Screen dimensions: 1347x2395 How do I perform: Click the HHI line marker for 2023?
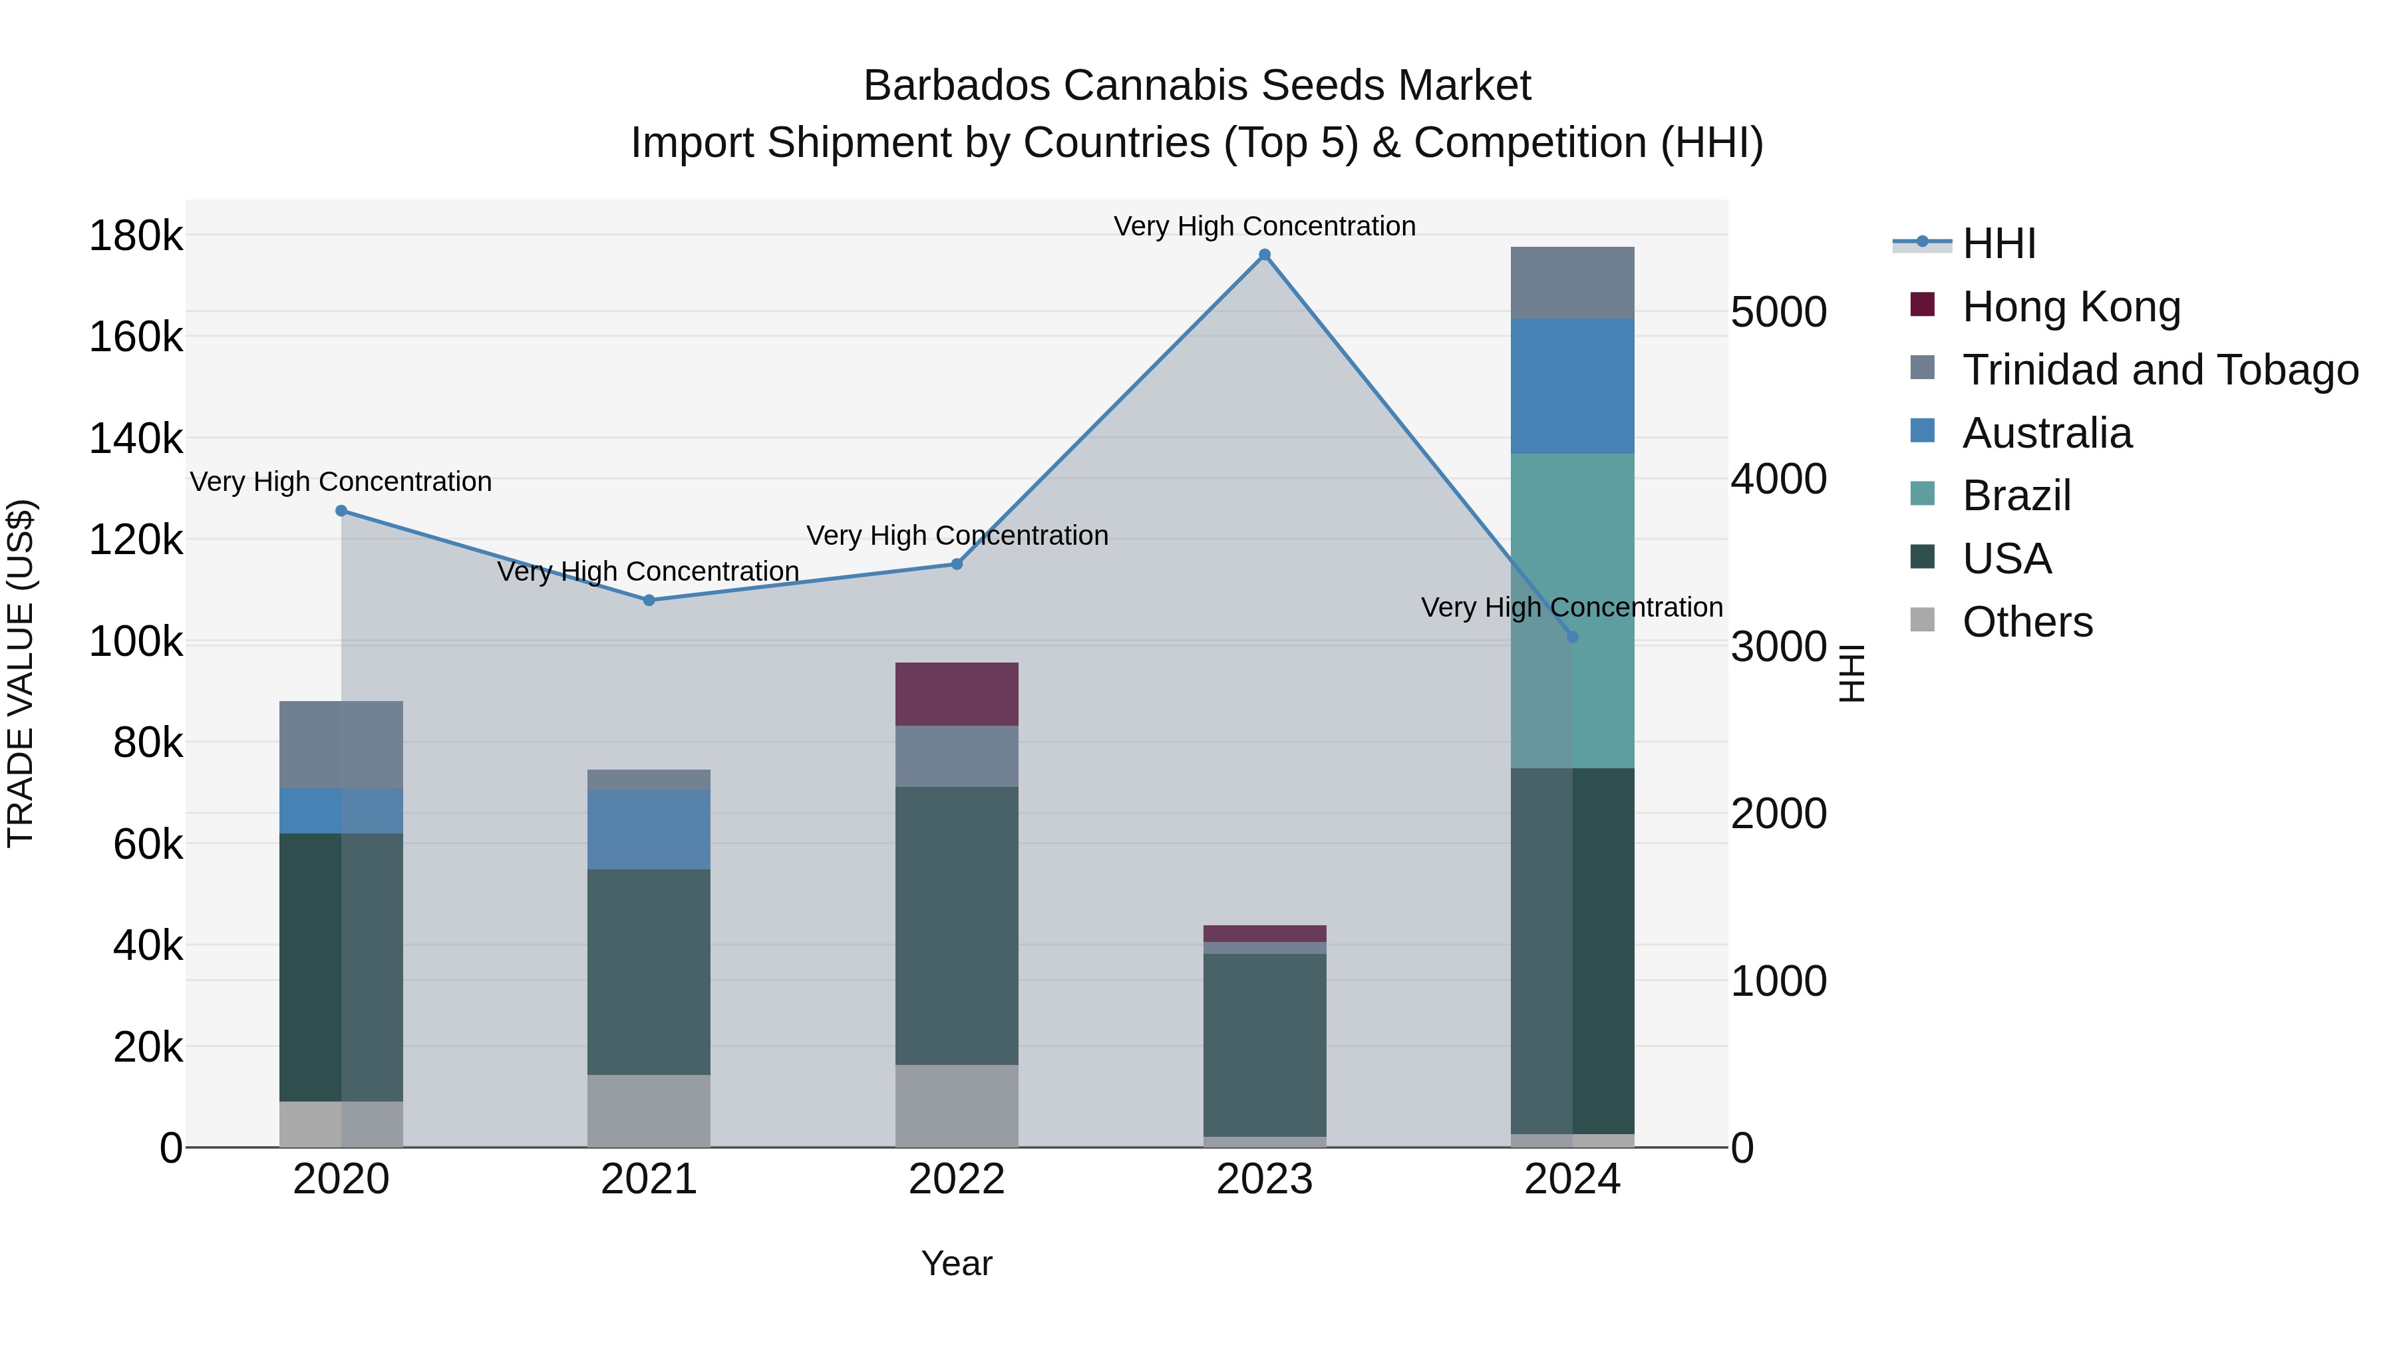click(x=1265, y=255)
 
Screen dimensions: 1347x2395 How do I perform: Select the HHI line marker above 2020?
click(x=341, y=510)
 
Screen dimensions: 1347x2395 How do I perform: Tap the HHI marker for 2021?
click(x=649, y=601)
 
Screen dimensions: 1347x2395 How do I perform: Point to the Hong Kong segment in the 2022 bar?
click(x=957, y=694)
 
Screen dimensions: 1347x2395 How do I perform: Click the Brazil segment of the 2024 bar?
click(x=1572, y=611)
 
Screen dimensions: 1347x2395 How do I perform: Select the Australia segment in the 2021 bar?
click(x=649, y=829)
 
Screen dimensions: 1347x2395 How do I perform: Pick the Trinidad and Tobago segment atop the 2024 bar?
click(x=1572, y=283)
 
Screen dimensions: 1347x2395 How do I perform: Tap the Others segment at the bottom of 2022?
click(x=957, y=1106)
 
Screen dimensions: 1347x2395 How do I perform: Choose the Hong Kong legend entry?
click(x=2070, y=307)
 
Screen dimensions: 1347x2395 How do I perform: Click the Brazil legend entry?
click(x=2016, y=496)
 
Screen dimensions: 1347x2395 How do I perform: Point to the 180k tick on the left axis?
click(x=136, y=236)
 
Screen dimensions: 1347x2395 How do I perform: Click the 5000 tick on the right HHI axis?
click(x=1778, y=313)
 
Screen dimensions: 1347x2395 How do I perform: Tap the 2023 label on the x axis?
click(x=1265, y=1179)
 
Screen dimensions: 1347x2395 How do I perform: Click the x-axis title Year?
click(x=957, y=1263)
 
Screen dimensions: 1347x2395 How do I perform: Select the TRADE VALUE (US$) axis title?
click(x=21, y=673)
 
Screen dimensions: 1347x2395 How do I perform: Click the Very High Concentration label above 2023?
click(x=1265, y=226)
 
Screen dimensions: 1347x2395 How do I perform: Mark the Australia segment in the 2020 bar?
click(x=341, y=811)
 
